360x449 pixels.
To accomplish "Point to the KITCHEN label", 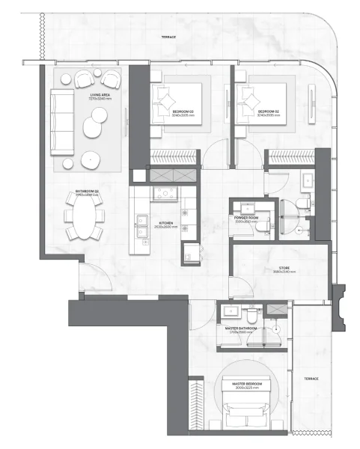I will click(x=166, y=224).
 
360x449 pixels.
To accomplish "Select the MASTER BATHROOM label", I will click(x=239, y=328).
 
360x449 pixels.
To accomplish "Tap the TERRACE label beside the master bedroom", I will click(x=311, y=379).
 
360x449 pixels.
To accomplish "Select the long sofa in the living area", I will click(x=61, y=122).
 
